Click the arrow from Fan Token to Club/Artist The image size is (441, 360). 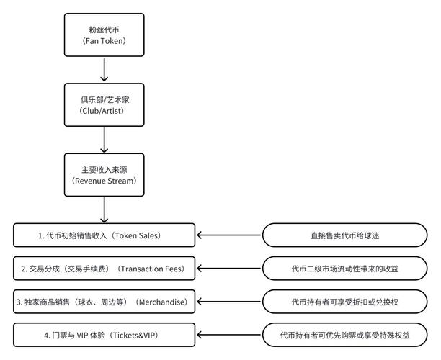coord(104,69)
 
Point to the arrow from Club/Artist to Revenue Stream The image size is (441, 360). coord(104,140)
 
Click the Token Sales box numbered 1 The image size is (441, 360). coord(104,235)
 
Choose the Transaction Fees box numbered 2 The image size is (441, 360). coord(104,269)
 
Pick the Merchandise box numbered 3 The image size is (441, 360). coord(104,302)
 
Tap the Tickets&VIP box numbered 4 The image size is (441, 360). coord(104,335)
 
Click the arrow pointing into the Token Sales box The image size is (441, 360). coord(228,235)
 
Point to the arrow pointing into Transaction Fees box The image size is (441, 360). coord(228,269)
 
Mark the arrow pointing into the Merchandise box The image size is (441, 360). coord(228,302)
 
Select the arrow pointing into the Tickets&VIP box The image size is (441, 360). coord(228,335)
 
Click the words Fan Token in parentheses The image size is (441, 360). coord(104,40)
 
